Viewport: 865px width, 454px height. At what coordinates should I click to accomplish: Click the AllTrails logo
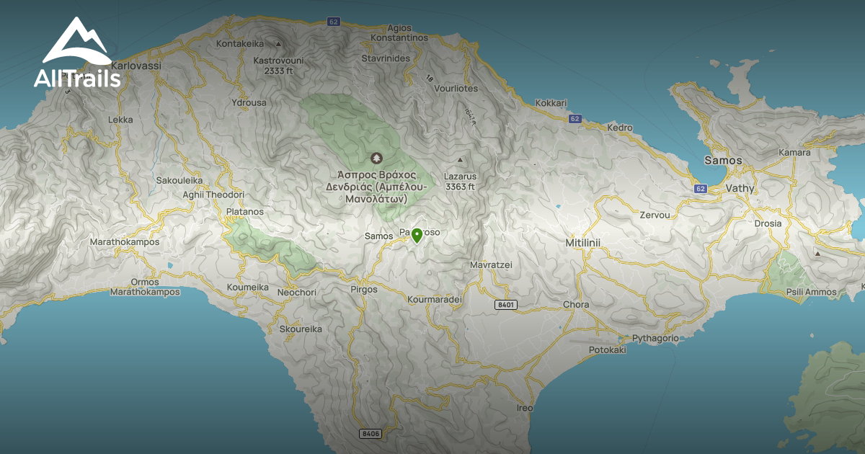(x=77, y=53)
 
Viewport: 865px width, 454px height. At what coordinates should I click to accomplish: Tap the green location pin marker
(x=416, y=235)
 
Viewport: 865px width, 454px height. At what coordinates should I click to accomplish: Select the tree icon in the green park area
(x=376, y=158)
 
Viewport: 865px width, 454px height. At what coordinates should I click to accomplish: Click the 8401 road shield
(x=506, y=305)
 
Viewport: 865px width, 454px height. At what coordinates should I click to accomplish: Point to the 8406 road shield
(x=370, y=433)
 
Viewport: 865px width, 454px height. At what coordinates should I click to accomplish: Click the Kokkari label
(x=551, y=103)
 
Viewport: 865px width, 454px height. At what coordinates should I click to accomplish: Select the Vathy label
(x=740, y=188)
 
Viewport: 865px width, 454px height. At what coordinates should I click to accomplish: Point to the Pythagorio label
(x=655, y=338)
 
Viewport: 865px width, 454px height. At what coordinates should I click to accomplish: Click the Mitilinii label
(x=582, y=244)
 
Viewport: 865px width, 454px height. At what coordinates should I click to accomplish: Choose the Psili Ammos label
(x=812, y=292)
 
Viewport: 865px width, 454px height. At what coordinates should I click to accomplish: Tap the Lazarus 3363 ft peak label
(x=460, y=181)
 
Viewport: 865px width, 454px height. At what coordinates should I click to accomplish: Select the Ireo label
(x=524, y=408)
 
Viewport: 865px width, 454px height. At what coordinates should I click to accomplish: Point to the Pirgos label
(x=363, y=289)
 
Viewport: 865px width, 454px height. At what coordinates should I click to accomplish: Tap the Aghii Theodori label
(x=214, y=195)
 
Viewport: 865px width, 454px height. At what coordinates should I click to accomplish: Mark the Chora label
(x=576, y=304)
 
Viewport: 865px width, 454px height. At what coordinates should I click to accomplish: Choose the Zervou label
(x=655, y=215)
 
